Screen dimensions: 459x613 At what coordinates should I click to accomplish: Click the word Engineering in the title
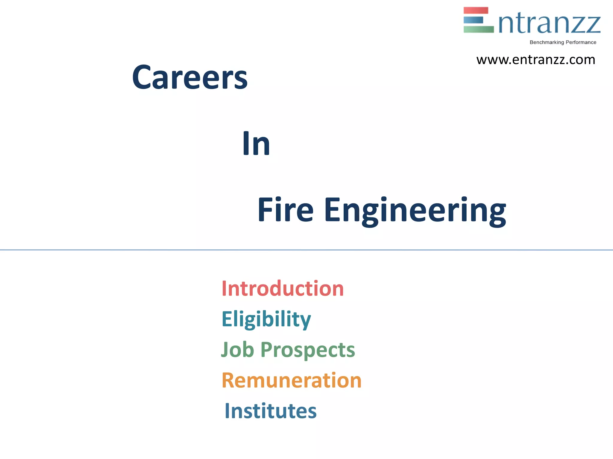[415, 211]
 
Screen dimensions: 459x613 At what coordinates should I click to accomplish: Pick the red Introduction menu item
[283, 289]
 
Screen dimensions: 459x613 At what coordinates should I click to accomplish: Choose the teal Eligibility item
[266, 319]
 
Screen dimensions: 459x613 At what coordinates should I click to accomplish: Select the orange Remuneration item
[292, 380]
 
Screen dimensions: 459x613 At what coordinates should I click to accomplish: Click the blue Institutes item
[271, 411]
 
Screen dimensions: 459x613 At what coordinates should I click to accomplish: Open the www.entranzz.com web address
[535, 60]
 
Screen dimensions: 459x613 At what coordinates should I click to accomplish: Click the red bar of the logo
[476, 10]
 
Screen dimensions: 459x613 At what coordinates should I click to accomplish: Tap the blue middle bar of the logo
[473, 20]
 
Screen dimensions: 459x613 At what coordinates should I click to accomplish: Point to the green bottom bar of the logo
[478, 29]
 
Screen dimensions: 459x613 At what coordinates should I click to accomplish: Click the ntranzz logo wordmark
[550, 24]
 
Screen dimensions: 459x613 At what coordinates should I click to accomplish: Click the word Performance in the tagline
[581, 42]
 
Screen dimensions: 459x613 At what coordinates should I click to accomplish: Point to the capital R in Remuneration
[228, 380]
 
